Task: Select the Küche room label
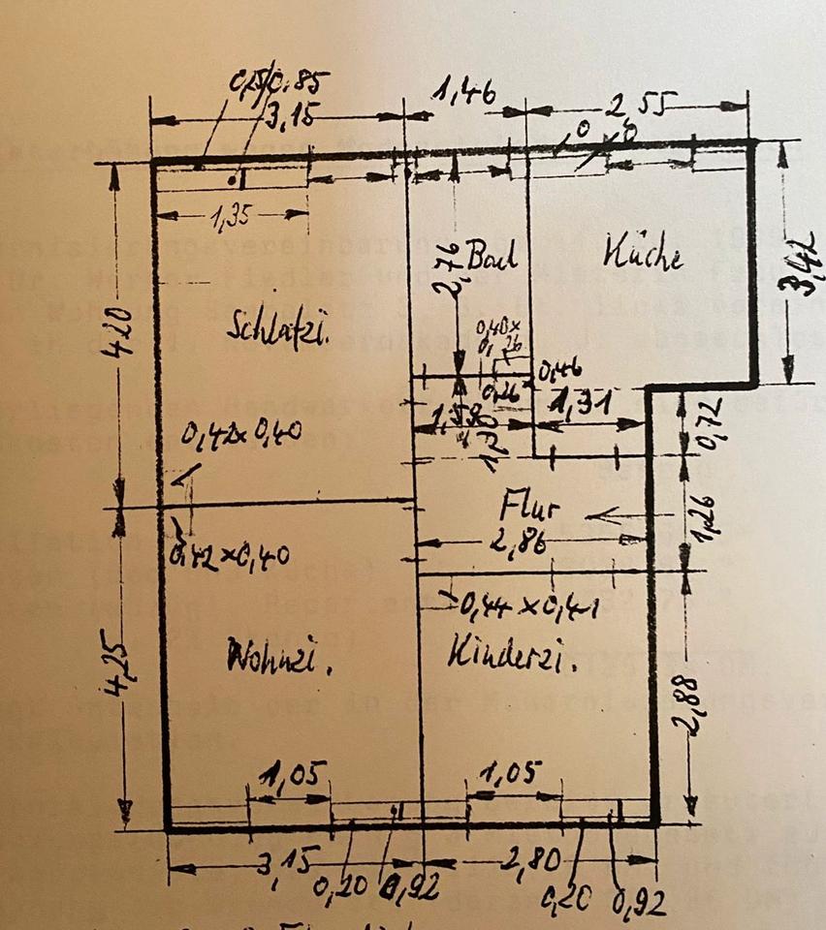[644, 256]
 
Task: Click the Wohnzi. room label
[279, 662]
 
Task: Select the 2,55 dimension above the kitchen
[636, 102]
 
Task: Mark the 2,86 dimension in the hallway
[517, 544]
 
